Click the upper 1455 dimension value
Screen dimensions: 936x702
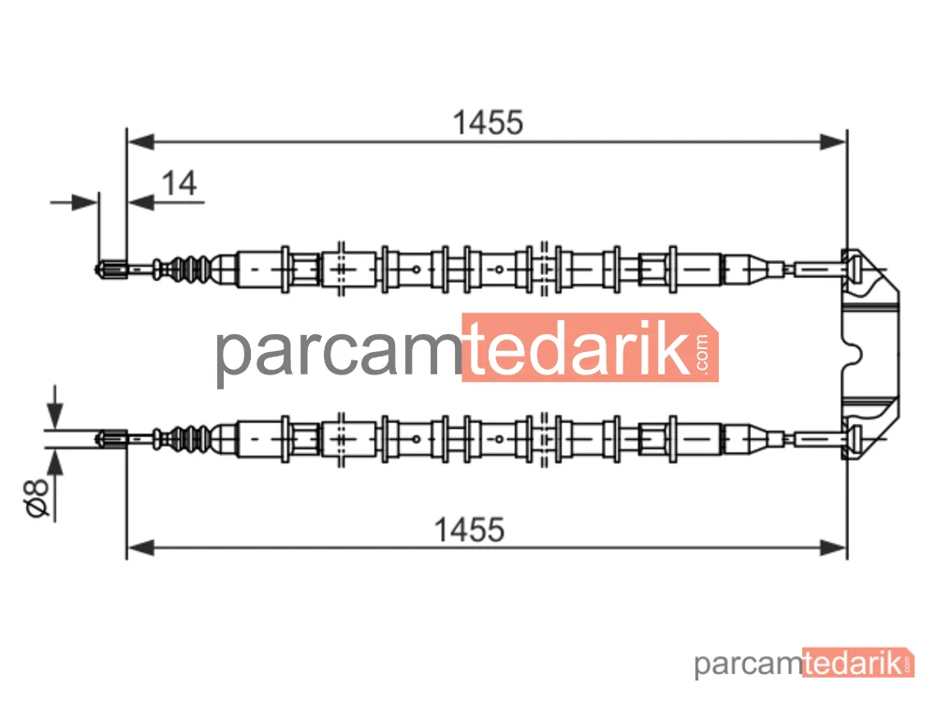pos(488,123)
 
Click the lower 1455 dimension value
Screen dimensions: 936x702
pos(469,530)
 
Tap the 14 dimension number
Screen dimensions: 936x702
pos(179,183)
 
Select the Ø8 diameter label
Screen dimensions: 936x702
pos(36,497)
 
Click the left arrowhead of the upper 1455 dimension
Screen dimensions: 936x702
pos(141,142)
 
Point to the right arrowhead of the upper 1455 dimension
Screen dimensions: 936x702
pos(833,142)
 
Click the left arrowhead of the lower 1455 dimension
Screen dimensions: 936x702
pos(141,548)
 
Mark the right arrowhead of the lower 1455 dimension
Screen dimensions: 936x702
pos(833,548)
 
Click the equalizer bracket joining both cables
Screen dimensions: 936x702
pos(870,354)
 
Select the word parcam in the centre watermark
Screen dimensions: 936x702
pos(339,352)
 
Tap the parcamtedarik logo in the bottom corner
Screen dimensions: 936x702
pos(804,664)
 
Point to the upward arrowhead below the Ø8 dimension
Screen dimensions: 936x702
pos(55,463)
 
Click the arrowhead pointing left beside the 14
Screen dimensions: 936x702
pos(141,203)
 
